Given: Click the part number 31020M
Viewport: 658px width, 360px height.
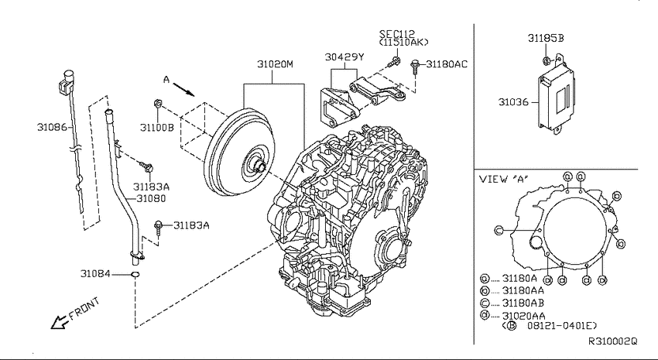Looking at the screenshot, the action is click(x=275, y=64).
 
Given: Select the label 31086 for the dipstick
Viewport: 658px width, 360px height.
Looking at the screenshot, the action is click(x=52, y=127).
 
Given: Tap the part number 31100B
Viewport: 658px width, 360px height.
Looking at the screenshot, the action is click(x=156, y=128).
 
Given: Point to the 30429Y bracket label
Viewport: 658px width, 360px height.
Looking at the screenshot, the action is click(x=344, y=57).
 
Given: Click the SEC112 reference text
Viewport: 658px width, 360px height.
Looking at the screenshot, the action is click(x=397, y=33).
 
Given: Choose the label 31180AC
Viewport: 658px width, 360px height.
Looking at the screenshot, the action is click(x=447, y=64).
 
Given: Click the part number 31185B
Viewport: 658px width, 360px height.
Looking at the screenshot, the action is click(x=546, y=38).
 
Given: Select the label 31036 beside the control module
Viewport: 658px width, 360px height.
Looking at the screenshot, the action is click(x=513, y=102).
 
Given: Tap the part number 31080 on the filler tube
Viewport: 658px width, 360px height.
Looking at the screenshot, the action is click(x=151, y=198).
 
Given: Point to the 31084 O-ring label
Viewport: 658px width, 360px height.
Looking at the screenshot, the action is click(x=95, y=274).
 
